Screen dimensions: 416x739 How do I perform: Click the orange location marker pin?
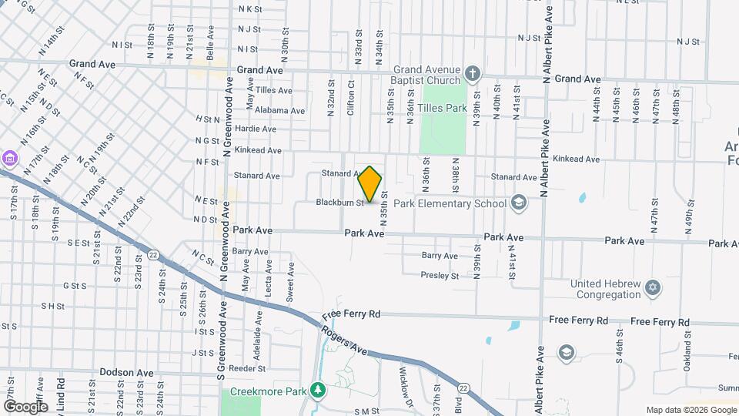(370, 184)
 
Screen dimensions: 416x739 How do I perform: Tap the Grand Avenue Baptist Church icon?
(473, 75)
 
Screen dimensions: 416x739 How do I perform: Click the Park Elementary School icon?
(519, 203)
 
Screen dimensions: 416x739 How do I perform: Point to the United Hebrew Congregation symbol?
(654, 288)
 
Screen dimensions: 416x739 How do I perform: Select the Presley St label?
(440, 275)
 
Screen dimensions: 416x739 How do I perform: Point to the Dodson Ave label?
(122, 372)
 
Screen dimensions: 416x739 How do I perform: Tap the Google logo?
(25, 407)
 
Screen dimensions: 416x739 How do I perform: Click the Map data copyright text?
(691, 410)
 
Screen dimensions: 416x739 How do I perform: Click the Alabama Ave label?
(279, 110)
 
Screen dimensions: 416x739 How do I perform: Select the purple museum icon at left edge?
(8, 159)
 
